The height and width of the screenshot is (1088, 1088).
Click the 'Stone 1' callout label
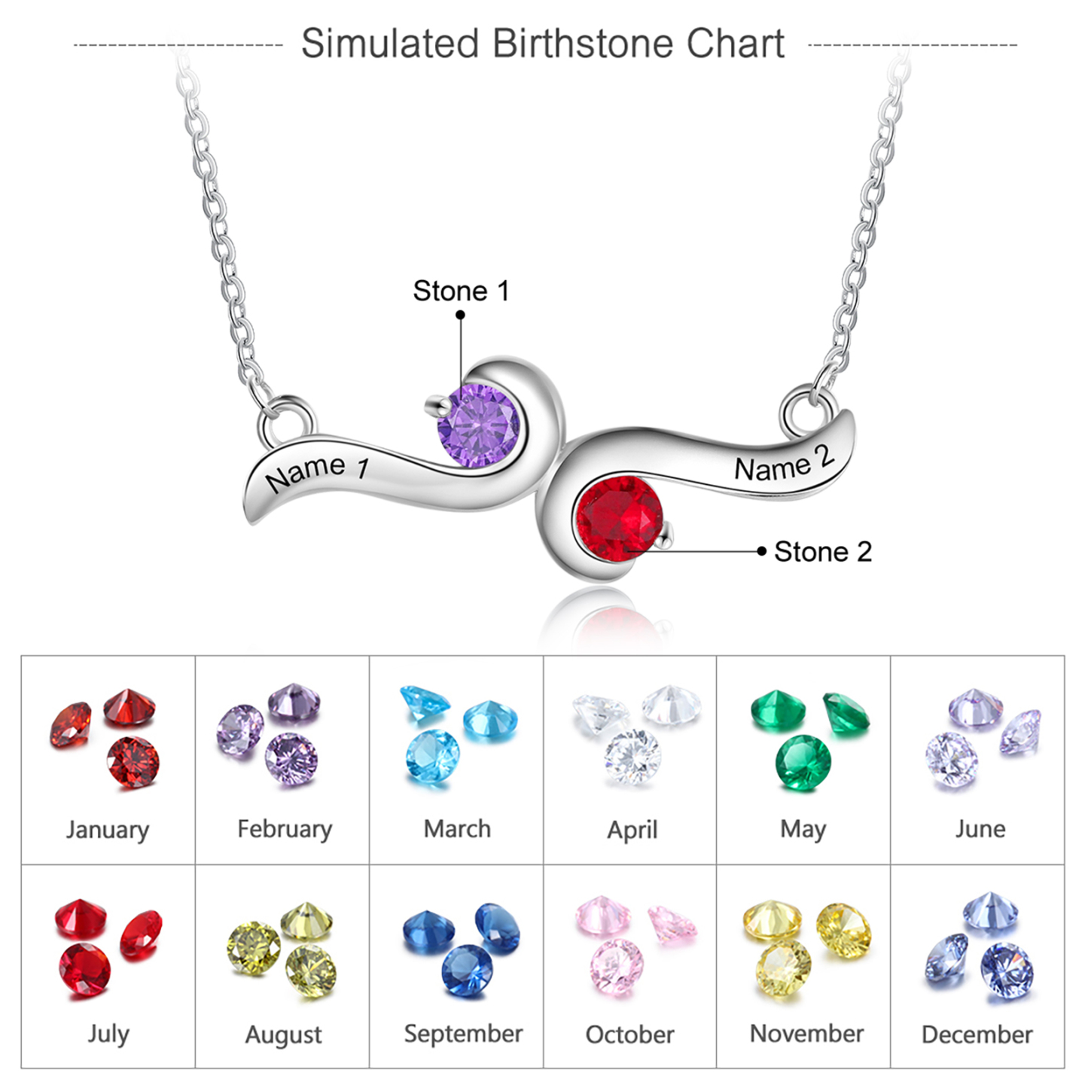pyautogui.click(x=462, y=291)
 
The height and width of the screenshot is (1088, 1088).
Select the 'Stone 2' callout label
pyautogui.click(x=823, y=552)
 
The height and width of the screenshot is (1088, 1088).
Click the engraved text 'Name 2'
pyautogui.click(x=784, y=464)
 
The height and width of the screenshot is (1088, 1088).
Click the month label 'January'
pyautogui.click(x=107, y=830)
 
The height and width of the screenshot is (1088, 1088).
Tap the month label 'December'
pyautogui.click(x=977, y=1035)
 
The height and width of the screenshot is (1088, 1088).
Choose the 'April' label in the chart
pyautogui.click(x=632, y=830)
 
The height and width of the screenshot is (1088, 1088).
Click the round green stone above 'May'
pyautogui.click(x=803, y=763)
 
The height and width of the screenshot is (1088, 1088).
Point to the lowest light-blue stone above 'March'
pyautogui.click(x=432, y=757)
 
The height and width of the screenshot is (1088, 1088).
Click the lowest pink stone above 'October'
pyautogui.click(x=617, y=968)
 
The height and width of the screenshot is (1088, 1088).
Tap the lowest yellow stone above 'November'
pyautogui.click(x=783, y=969)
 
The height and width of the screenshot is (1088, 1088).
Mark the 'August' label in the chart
pyautogui.click(x=283, y=1035)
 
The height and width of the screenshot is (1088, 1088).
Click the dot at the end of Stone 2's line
pyautogui.click(x=762, y=551)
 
